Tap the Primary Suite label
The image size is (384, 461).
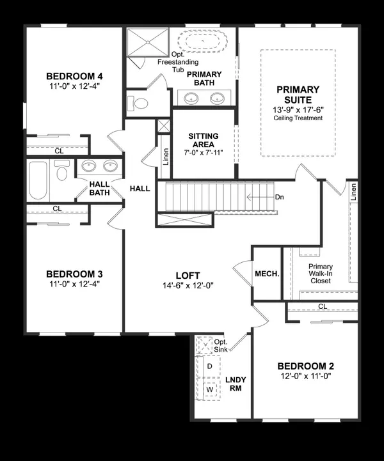(x=298, y=95)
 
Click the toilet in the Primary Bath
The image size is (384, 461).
(x=138, y=103)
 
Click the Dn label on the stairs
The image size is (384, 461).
(x=279, y=197)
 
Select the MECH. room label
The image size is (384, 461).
(x=267, y=274)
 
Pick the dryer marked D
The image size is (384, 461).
(x=209, y=367)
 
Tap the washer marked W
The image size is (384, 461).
(x=209, y=389)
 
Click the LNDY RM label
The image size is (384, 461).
(x=236, y=384)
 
